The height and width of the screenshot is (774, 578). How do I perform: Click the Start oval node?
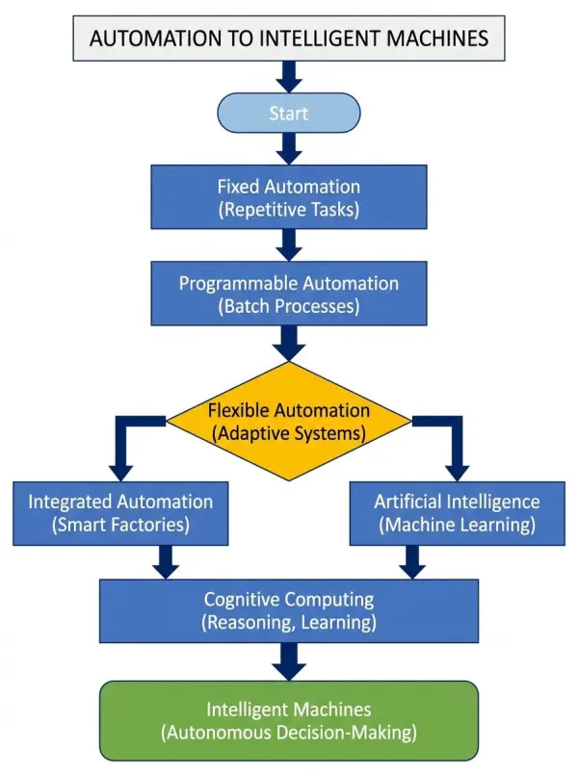point(289,113)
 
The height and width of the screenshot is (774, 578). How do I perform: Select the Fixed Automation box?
point(289,197)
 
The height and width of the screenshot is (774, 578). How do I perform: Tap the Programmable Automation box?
point(289,295)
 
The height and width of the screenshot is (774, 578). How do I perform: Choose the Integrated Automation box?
point(120,513)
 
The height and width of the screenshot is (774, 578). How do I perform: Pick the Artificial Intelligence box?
point(457,513)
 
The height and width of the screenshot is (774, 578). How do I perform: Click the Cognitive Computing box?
point(289,611)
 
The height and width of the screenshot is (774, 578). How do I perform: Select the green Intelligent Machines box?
point(289,720)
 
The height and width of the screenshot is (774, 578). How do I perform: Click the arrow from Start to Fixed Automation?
point(289,147)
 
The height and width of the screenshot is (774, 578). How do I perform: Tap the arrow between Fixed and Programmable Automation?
point(289,245)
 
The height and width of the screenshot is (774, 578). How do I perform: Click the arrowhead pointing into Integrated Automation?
point(120,470)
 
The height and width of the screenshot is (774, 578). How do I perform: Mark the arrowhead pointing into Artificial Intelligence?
point(457,470)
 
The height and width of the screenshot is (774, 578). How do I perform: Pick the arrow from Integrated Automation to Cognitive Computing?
point(167,561)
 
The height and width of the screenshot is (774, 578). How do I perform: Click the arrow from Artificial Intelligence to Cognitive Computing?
point(412,561)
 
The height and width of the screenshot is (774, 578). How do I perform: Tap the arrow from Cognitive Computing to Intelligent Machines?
point(289,662)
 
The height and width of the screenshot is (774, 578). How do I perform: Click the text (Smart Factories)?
point(120,526)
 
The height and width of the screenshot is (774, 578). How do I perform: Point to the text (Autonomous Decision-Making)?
point(289,733)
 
